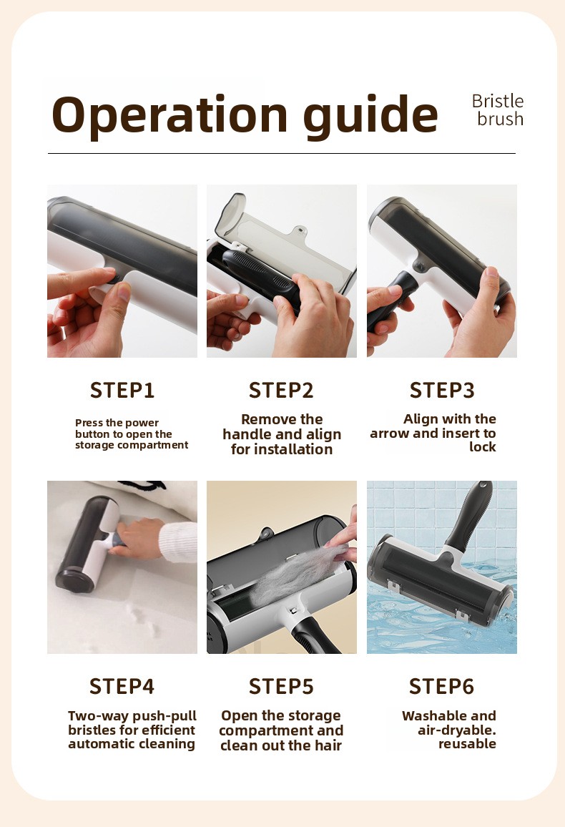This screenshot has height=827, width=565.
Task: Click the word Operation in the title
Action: [x=169, y=115]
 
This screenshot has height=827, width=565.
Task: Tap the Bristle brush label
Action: [x=498, y=110]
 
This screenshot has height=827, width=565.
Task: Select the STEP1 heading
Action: [x=122, y=391]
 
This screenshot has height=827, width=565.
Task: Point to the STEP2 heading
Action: [x=282, y=391]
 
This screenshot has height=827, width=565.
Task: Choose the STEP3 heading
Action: [x=442, y=391]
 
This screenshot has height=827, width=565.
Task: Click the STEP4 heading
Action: [x=122, y=686]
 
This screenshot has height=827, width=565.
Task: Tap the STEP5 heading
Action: [x=282, y=686]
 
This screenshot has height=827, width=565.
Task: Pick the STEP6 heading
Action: [x=442, y=686]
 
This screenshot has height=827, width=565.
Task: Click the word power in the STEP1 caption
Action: [x=142, y=423]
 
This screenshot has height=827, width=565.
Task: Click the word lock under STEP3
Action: [x=483, y=446]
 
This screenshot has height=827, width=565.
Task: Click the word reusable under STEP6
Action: [x=468, y=744]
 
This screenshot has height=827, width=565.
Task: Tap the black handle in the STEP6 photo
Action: [x=468, y=514]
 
